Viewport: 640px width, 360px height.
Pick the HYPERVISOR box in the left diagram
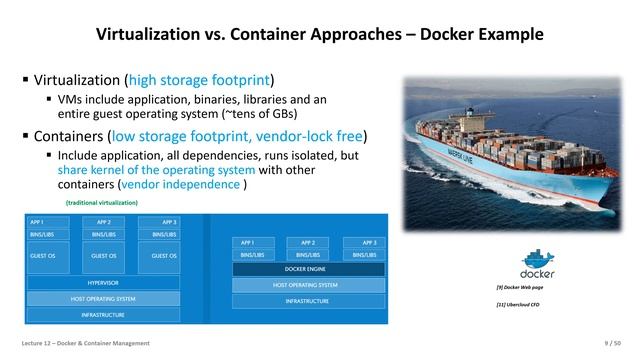pyautogui.click(x=105, y=283)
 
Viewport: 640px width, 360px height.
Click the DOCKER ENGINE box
pyautogui.click(x=308, y=269)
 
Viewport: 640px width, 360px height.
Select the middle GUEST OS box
pyautogui.click(x=105, y=256)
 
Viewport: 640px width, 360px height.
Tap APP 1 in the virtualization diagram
pyautogui.click(x=44, y=222)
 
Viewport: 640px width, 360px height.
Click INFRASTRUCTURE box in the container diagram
pyautogui.click(x=308, y=300)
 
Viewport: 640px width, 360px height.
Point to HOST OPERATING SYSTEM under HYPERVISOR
pyautogui.click(x=105, y=299)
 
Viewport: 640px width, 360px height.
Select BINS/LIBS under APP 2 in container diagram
pyautogui.click(x=308, y=255)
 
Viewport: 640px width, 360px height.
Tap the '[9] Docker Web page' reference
pyautogui.click(x=520, y=288)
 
